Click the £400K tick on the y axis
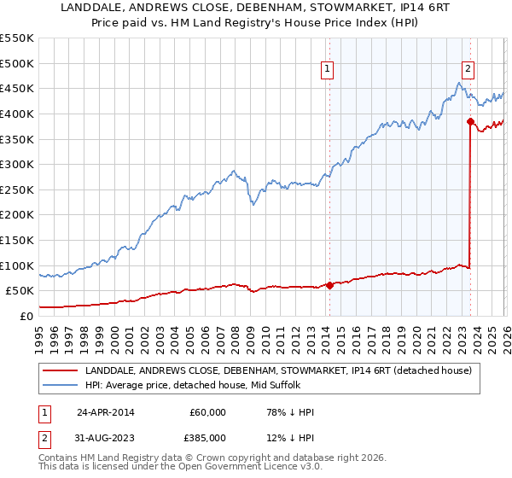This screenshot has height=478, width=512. (x=17, y=114)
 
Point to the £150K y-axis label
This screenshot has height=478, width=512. (x=17, y=240)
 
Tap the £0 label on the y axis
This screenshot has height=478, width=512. (x=26, y=316)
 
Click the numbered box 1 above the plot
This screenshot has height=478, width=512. (x=328, y=71)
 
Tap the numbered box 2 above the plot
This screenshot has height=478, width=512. (x=468, y=71)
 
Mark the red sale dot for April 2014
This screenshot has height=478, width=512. (x=329, y=285)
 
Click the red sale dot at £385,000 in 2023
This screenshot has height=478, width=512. (x=470, y=121)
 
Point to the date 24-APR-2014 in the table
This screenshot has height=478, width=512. (x=106, y=412)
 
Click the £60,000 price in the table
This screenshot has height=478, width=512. (x=207, y=412)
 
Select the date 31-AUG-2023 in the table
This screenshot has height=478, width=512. (x=106, y=438)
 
